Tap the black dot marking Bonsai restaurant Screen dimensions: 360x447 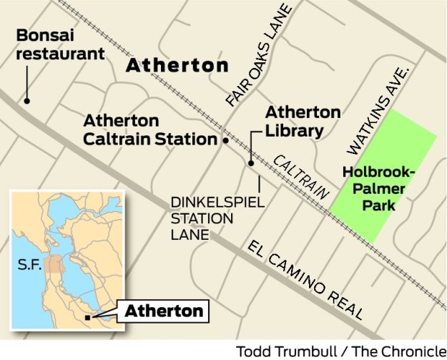(27, 101)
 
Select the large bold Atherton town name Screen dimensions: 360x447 (177, 66)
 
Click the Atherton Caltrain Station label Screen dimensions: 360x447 (149, 130)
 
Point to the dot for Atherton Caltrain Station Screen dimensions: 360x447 (225, 141)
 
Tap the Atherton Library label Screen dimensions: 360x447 (293, 122)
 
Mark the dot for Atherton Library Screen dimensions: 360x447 (251, 163)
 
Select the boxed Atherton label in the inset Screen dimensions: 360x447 (164, 311)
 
